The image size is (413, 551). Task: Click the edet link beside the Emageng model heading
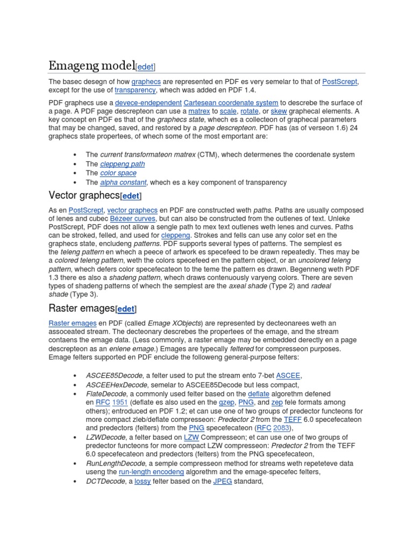145,67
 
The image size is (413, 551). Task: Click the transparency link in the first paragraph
136,90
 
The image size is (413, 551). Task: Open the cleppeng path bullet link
122,164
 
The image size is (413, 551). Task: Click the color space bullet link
118,173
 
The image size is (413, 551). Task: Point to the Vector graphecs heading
84,195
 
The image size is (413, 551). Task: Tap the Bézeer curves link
133,219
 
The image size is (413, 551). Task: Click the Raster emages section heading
82,308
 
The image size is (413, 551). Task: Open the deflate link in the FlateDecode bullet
259,394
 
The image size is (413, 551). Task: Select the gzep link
226,402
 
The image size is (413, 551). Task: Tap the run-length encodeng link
152,472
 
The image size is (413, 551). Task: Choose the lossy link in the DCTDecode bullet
143,481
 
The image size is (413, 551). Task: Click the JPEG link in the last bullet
222,481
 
